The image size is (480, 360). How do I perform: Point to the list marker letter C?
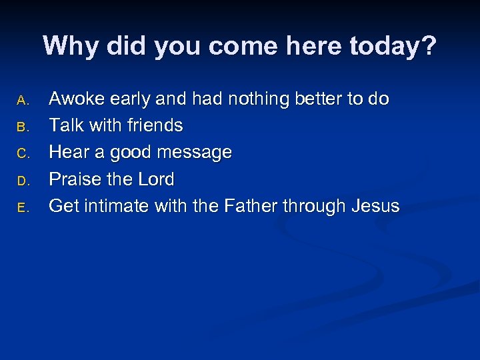pos(22,154)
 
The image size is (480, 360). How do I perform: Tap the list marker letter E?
pos(22,208)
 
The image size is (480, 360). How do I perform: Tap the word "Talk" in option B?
pos(65,126)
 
